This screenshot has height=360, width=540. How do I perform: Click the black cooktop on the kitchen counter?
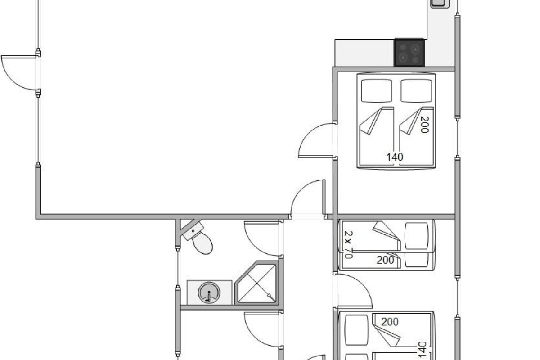409,53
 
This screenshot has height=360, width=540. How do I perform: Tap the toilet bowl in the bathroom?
202,243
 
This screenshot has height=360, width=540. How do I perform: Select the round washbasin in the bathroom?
209,292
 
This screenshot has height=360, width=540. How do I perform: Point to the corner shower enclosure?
257,283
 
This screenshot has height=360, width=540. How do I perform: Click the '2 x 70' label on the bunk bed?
349,244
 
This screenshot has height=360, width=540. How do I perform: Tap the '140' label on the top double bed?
395,157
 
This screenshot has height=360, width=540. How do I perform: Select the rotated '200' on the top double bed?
424,124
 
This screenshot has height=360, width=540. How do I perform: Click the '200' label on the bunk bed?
385,260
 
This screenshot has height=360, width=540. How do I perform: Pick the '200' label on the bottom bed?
390,322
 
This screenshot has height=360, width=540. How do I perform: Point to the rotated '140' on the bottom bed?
422,349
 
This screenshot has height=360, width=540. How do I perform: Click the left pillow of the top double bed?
377,90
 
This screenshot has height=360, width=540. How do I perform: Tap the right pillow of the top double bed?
416,90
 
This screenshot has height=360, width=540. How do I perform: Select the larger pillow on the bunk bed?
417,236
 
